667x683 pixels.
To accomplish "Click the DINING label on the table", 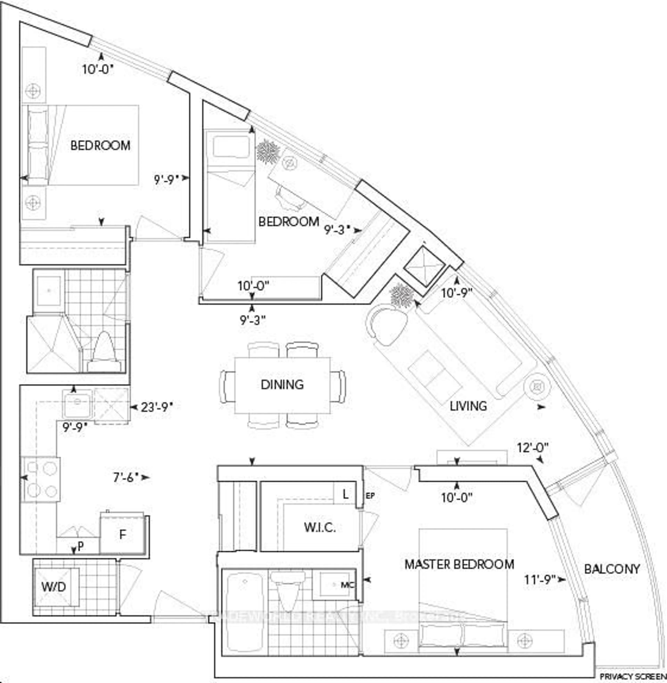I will click(x=282, y=385).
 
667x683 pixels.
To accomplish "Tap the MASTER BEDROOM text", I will click(x=459, y=564).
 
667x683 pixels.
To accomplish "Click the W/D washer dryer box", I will click(x=54, y=587).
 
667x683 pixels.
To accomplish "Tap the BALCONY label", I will click(x=612, y=569).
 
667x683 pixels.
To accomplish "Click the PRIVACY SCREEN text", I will click(x=633, y=676).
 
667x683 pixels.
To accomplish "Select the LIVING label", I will click(x=468, y=406).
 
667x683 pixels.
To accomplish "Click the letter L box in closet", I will click(x=345, y=494).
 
